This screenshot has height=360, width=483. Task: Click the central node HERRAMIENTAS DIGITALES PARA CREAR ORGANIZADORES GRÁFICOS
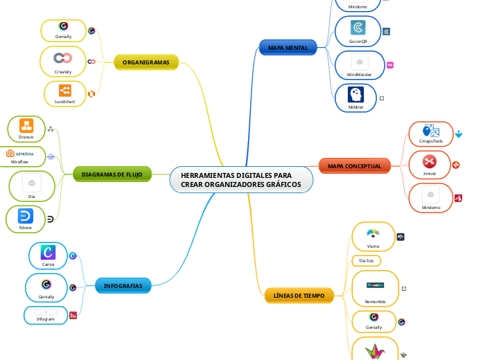pos(241,181)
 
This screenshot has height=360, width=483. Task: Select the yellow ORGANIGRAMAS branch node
pos(146,63)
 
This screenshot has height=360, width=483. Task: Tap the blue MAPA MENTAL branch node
pos(288,47)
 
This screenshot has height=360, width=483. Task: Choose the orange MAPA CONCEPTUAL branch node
pos(354,166)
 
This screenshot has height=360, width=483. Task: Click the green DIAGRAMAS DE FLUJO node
pos(112,175)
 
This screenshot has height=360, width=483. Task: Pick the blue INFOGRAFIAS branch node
pos(123,286)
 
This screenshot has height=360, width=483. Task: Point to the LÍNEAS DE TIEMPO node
pos(299,296)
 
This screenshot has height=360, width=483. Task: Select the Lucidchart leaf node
pos(64,93)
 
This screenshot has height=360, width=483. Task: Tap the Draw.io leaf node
pos(26,129)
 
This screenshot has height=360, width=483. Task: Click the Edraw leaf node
pos(26,219)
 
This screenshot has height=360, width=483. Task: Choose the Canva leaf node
pos(49,255)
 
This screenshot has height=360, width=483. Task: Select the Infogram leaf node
pos(46,315)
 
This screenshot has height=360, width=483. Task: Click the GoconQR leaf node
pos(358,32)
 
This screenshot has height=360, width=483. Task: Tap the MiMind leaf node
pos(356,98)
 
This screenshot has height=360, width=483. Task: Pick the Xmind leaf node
pos(429,165)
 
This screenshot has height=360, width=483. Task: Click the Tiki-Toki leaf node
pos(366,261)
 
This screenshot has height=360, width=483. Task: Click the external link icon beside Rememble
pos(404,289)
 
